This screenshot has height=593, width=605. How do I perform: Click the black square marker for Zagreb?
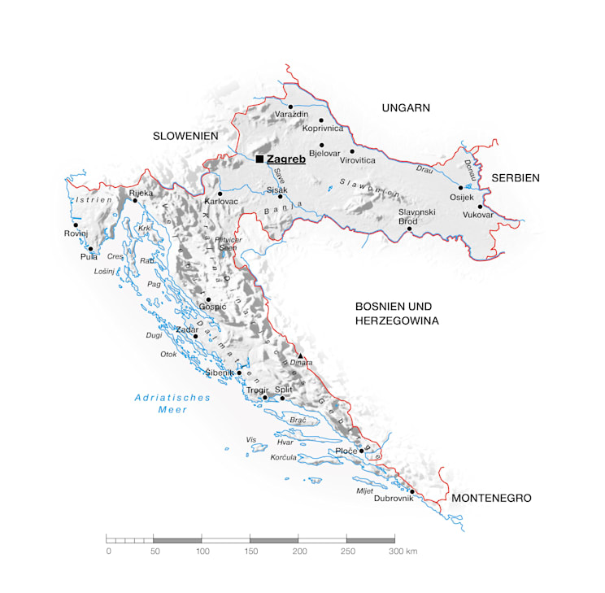coord(259,159)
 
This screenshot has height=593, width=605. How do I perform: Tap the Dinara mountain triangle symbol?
coord(300,356)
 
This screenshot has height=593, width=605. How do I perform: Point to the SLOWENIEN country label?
coord(185,136)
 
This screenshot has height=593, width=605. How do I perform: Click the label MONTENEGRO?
coord(491,498)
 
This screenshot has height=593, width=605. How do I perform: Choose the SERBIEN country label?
coord(515,177)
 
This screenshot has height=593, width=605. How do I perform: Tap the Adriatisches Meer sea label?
coord(172,403)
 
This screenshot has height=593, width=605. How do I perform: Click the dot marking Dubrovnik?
coord(412,491)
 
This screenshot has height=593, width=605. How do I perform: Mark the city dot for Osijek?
coord(460,188)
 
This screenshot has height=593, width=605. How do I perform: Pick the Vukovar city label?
coord(477,216)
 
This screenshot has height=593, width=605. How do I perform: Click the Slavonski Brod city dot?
coord(409,229)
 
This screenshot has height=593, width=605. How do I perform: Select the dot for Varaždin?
coord(290,107)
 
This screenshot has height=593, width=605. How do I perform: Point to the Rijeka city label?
coord(141,193)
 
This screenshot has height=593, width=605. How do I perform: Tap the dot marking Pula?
coord(90,249)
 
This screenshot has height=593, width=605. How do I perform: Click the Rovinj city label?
coord(76,234)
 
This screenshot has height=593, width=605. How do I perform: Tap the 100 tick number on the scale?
coord(201,552)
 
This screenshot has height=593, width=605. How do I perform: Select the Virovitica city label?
coord(358,161)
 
